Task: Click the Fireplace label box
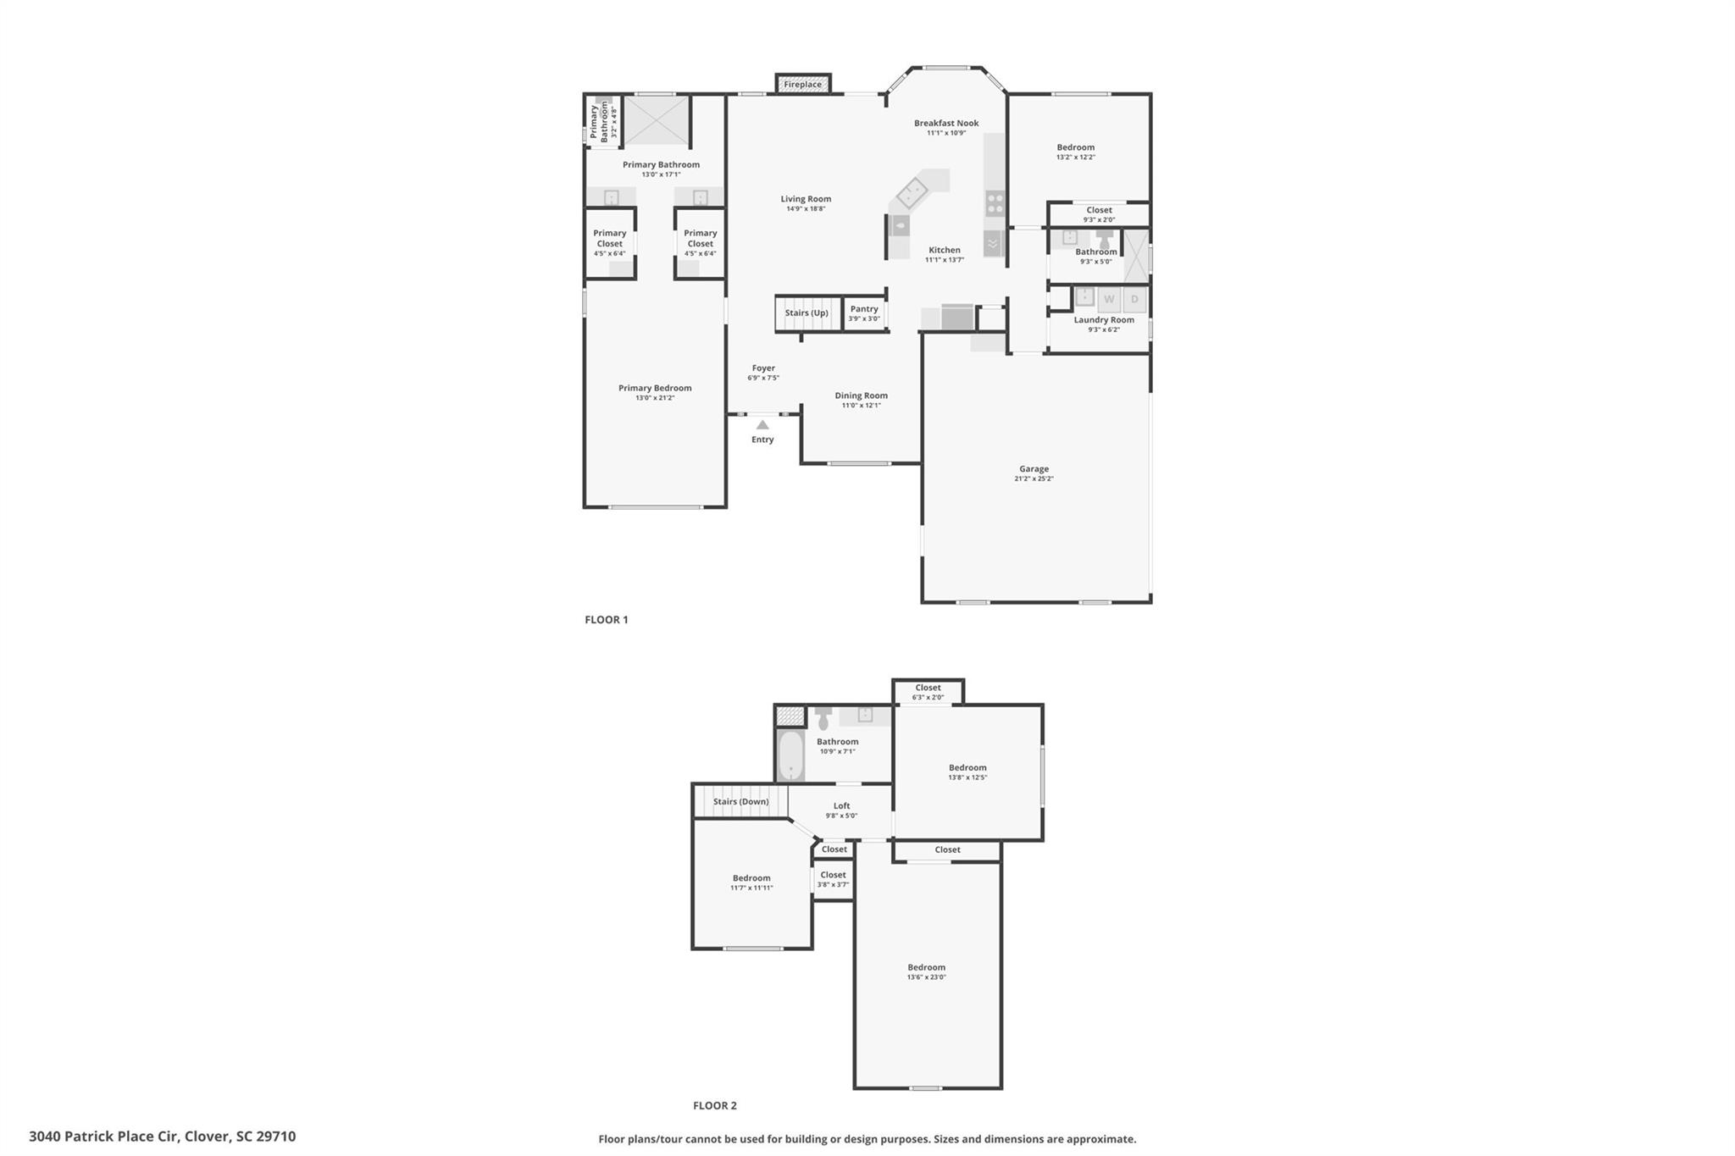pos(802,84)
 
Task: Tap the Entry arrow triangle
pos(762,425)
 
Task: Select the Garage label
pos(1034,468)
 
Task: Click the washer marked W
pos(1109,299)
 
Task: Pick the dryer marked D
pos(1135,299)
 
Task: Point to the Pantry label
pos(864,309)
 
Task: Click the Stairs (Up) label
pos(807,313)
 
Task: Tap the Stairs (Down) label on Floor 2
pos(740,801)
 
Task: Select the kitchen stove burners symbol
pos(995,203)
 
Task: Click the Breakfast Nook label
pos(946,123)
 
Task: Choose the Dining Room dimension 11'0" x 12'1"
pos(861,406)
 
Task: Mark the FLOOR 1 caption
pos(607,620)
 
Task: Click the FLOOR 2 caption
pos(715,1105)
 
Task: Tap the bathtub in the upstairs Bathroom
pos(790,755)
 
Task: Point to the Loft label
pos(841,806)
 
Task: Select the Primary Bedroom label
pos(655,388)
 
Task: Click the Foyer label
pos(763,368)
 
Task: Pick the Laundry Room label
pos(1104,319)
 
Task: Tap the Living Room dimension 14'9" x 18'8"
pos(806,209)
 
